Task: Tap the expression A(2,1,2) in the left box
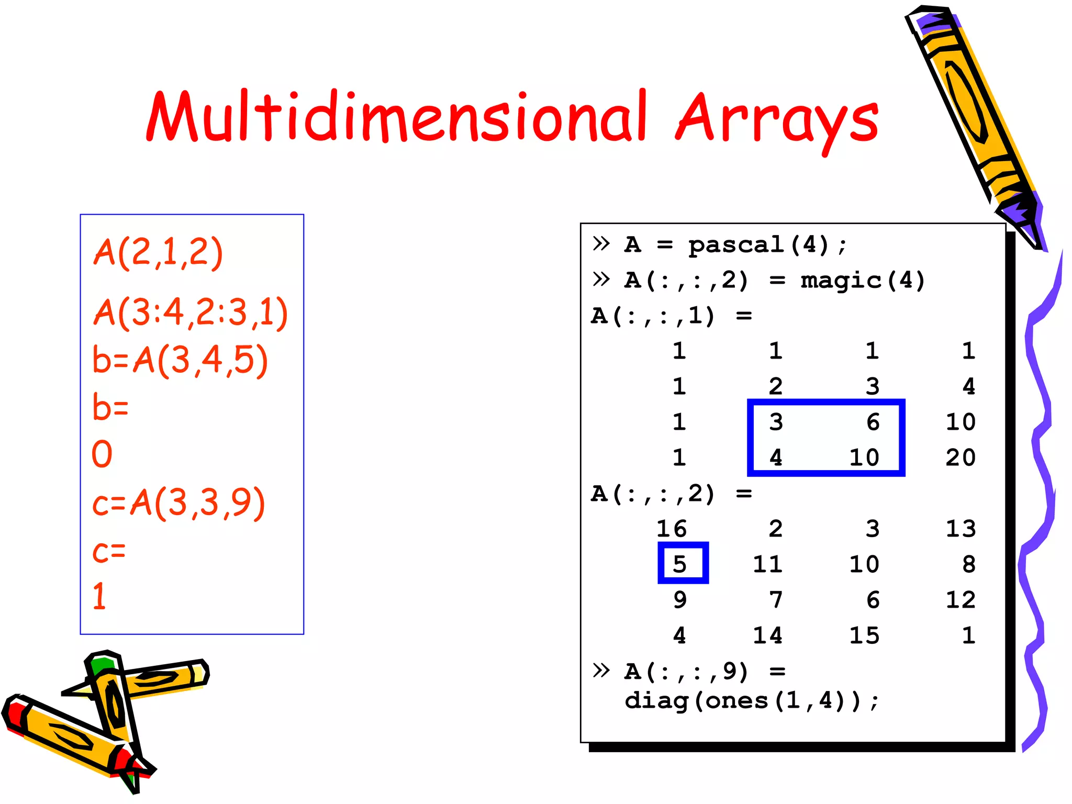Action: pos(158,253)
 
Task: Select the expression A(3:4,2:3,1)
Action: pos(191,312)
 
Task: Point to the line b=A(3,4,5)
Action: pos(180,360)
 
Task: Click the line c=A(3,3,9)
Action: pos(178,503)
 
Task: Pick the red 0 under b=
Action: pos(102,454)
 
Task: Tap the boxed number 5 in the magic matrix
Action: pos(679,564)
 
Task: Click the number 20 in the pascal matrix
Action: pos(960,457)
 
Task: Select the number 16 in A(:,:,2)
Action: pos(672,529)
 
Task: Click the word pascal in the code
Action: pos(735,245)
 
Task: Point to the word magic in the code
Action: pos(841,281)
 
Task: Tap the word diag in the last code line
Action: pos(656,700)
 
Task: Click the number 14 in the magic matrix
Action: pos(767,635)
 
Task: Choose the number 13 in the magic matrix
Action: pos(960,529)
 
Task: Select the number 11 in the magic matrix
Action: pos(767,564)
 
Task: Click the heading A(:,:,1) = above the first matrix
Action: pos(672,316)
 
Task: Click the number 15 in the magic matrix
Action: pos(864,635)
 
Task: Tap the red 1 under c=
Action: pos(99,596)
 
